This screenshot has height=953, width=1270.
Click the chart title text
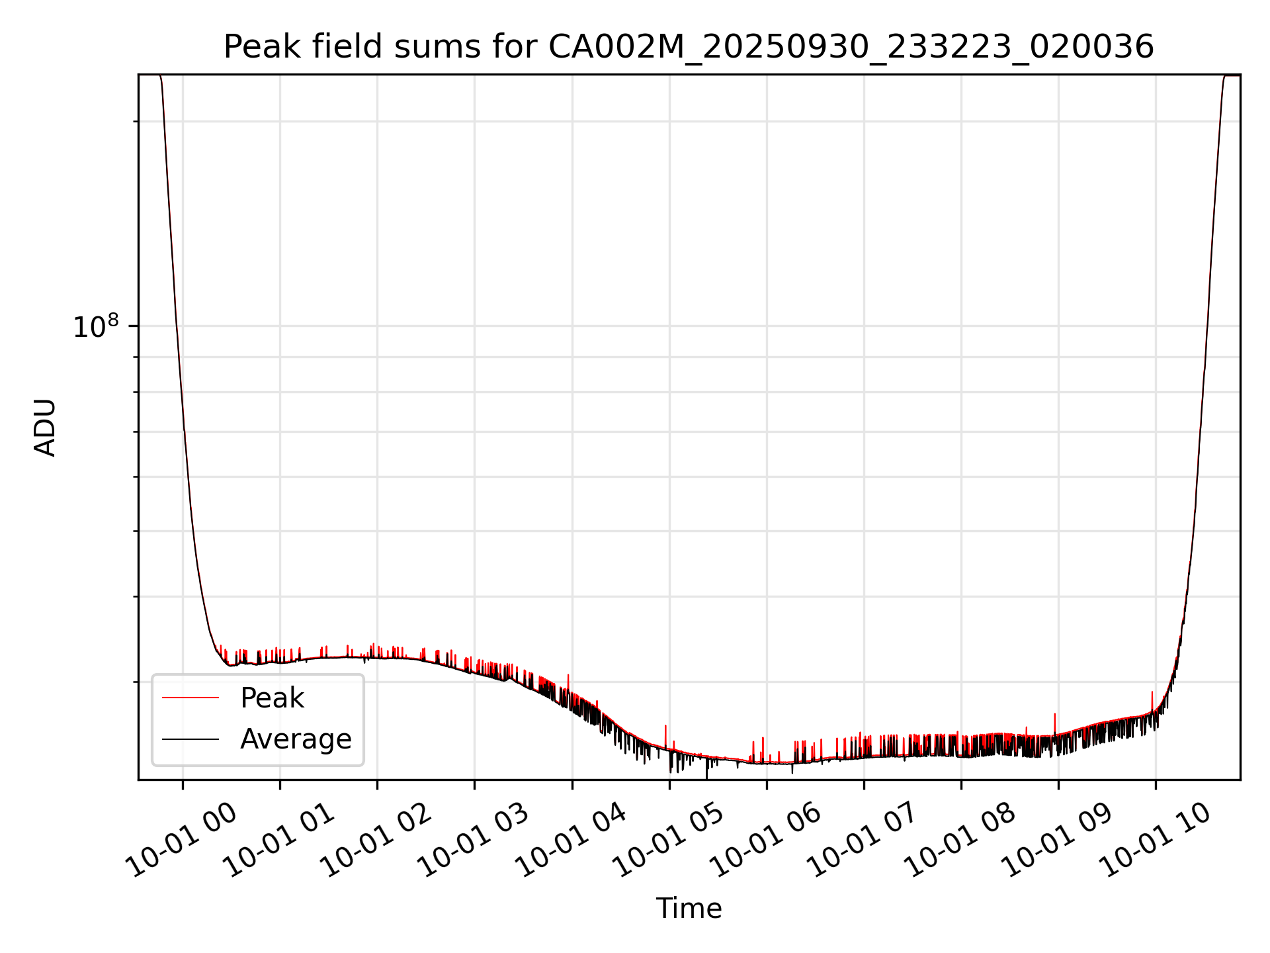(689, 47)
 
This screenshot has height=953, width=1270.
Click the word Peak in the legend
(272, 698)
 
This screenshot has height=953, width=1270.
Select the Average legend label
(296, 739)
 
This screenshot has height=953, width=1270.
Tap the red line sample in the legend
(190, 698)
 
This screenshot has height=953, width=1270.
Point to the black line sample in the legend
(190, 739)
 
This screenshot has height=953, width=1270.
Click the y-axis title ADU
(45, 428)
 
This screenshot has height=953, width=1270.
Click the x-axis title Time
(689, 909)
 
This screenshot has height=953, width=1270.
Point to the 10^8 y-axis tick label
(96, 327)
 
